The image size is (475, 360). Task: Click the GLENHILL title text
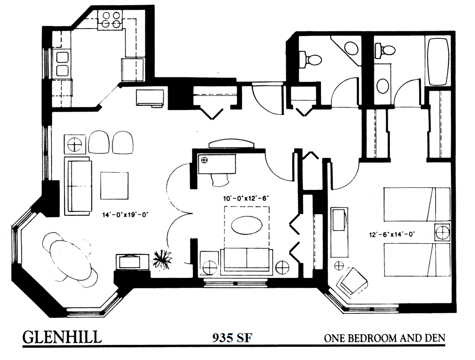tap(62, 337)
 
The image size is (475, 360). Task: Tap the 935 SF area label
tap(232, 337)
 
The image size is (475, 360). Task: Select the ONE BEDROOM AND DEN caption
tap(385, 338)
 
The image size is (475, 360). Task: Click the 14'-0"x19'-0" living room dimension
tap(125, 215)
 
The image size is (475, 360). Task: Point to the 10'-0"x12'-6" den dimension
tap(246, 199)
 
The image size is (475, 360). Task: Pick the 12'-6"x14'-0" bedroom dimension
tap(392, 234)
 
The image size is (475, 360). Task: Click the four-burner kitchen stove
tap(110, 20)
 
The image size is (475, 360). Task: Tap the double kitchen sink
tap(62, 64)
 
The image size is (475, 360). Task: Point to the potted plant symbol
tap(163, 259)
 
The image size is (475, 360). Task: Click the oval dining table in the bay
tap(70, 259)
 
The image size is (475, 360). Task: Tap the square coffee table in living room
tap(114, 186)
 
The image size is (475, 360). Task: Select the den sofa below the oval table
tap(246, 260)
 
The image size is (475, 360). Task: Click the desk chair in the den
tap(221, 180)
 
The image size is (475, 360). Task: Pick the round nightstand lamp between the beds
tap(442, 232)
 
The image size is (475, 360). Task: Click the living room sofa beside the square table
tap(78, 186)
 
